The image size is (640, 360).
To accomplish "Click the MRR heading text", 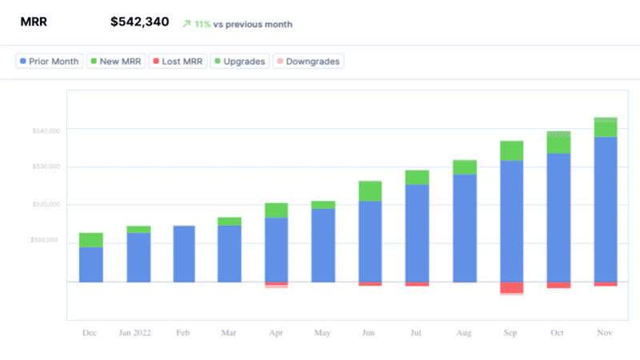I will pyautogui.click(x=34, y=22).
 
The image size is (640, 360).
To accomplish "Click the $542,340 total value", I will pyautogui.click(x=139, y=22).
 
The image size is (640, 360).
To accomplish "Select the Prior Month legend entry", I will pyautogui.click(x=50, y=61).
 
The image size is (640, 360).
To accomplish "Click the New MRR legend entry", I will pyautogui.click(x=115, y=61).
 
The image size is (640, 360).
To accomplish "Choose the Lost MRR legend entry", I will pyautogui.click(x=178, y=61).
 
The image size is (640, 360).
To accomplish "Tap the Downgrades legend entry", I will pyautogui.click(x=308, y=61).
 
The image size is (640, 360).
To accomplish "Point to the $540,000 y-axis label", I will pyautogui.click(x=45, y=130).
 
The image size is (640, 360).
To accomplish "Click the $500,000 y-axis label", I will pyautogui.click(x=45, y=240).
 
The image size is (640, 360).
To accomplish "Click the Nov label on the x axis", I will pyautogui.click(x=605, y=333).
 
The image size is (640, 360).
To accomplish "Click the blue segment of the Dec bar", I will pyautogui.click(x=91, y=264).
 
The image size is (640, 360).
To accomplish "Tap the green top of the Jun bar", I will pyautogui.click(x=370, y=190).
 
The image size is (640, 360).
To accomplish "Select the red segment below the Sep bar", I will pyautogui.click(x=511, y=287).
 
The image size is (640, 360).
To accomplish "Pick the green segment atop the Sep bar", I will pyautogui.click(x=511, y=150).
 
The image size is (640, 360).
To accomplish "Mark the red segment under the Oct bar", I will pyautogui.click(x=558, y=285).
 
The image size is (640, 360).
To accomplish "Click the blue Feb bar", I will pyautogui.click(x=184, y=254).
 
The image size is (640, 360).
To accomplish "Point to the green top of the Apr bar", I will pyautogui.click(x=276, y=210).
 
